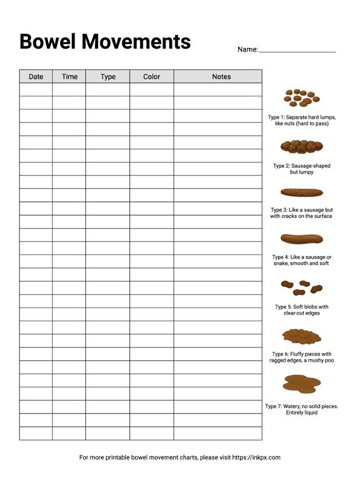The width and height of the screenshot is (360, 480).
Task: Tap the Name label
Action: [247, 49]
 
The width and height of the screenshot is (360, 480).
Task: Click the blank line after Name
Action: [297, 50]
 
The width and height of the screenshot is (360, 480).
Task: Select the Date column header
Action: [36, 77]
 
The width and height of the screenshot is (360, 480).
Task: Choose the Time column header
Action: [69, 77]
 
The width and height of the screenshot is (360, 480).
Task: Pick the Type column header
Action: [108, 77]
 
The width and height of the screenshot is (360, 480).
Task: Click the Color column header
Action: [152, 77]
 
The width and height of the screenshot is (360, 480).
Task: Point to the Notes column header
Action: [221, 77]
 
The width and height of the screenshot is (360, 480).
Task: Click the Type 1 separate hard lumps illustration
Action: [302, 98]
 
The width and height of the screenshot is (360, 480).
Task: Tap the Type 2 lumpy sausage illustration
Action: [302, 146]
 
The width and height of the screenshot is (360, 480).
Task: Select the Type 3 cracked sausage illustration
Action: [302, 192]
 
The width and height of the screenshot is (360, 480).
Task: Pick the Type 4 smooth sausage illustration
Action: [302, 238]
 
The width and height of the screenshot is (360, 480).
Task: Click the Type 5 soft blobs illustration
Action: [302, 287]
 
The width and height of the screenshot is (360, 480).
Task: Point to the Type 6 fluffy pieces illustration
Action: [302, 335]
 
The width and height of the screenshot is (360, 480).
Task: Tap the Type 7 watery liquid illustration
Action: [302, 384]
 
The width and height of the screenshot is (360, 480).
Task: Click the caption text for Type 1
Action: [302, 121]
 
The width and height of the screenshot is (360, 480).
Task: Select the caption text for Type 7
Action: [302, 409]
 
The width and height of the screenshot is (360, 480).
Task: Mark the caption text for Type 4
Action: [302, 261]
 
